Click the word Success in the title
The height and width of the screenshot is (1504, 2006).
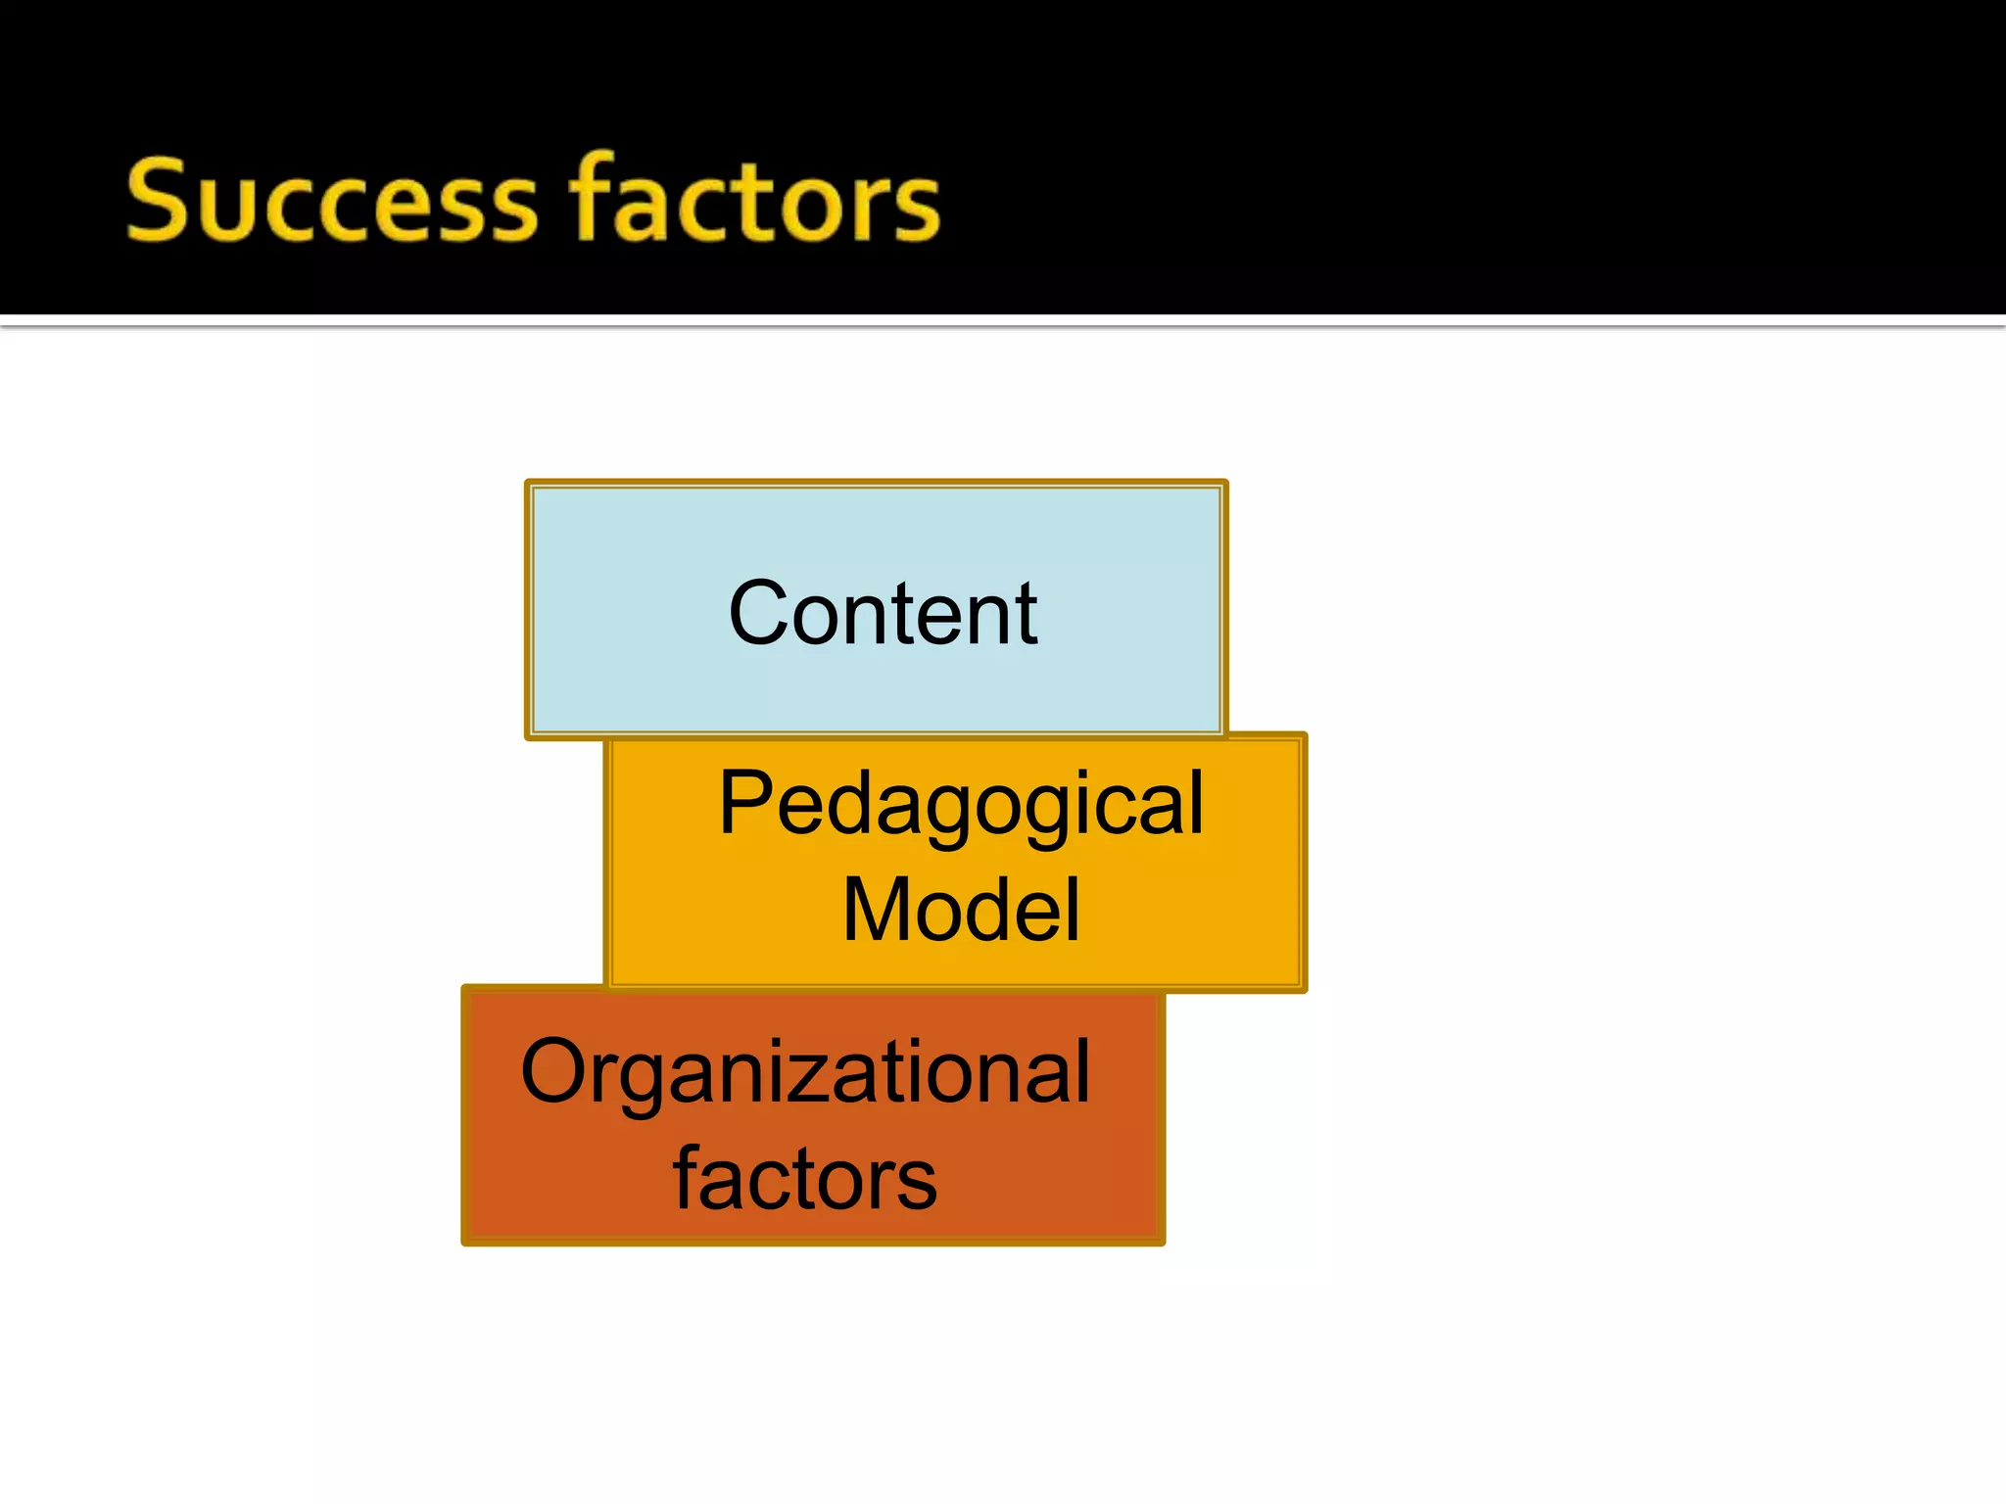pyautogui.click(x=331, y=201)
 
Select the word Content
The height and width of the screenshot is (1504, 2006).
pyautogui.click(x=883, y=614)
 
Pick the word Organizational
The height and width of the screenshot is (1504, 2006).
pyautogui.click(x=805, y=1073)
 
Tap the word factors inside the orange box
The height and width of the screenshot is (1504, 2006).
pyautogui.click(x=805, y=1178)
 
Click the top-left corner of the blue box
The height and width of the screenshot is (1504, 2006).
pyautogui.click(x=528, y=483)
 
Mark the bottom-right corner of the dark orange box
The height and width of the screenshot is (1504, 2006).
pyautogui.click(x=1163, y=1243)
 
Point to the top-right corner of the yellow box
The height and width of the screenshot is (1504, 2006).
pyautogui.click(x=1305, y=734)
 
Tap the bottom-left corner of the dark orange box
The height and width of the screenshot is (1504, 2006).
pyautogui.click(x=464, y=1243)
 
